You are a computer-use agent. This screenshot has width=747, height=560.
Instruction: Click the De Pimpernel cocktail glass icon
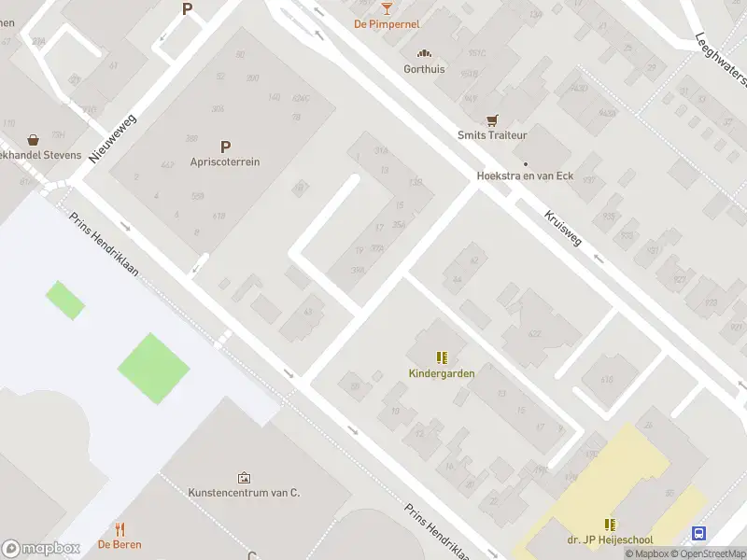tap(387, 8)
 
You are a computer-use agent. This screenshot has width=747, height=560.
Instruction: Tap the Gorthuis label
tap(424, 68)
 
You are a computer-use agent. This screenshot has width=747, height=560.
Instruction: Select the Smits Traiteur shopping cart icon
tap(492, 120)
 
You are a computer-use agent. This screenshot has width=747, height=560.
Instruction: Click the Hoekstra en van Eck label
tap(525, 175)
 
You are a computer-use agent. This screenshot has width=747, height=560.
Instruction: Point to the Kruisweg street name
tap(562, 227)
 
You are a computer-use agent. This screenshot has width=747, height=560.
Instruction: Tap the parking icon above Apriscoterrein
tap(224, 147)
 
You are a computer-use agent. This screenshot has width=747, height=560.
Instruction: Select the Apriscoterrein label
tap(224, 161)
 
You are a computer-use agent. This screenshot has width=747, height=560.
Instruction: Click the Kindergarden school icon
tap(442, 357)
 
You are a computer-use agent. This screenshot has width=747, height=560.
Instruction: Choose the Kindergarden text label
tap(442, 373)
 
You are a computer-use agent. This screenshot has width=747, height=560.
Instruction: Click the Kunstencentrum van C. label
tap(244, 493)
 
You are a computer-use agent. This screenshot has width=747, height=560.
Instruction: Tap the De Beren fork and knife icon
tap(120, 530)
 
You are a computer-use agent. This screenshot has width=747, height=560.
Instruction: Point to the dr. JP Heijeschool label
tap(610, 539)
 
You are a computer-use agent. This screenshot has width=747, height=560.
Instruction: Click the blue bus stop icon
tap(698, 533)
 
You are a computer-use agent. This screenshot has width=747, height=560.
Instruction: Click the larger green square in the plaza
tap(153, 368)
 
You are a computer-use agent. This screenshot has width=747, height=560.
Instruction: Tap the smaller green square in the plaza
tap(64, 300)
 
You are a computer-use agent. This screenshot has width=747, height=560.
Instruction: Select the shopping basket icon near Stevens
tap(34, 139)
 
